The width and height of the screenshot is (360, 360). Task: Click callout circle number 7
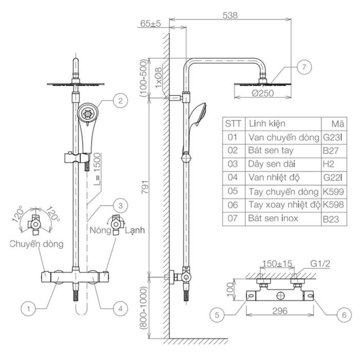coord(304,67)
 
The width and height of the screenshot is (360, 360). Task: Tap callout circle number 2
coord(120,101)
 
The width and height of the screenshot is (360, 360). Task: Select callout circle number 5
coord(217,315)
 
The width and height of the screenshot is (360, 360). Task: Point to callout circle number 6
coord(344,315)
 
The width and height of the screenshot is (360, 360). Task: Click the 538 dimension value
coord(230,15)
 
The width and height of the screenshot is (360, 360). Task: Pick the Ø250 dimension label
coord(263,93)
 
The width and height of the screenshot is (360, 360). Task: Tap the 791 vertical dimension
coord(145,187)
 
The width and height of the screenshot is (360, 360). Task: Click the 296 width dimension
coord(280,311)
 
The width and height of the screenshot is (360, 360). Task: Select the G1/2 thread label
coord(320,263)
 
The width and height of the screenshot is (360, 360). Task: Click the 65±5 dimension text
coord(151,24)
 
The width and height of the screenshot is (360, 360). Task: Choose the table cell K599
coord(333,191)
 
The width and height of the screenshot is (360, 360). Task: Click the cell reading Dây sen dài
coord(272,164)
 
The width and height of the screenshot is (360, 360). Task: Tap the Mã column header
coord(338,124)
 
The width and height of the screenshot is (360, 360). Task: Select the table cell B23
coord(331,219)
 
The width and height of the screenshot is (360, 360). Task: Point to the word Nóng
coord(100,230)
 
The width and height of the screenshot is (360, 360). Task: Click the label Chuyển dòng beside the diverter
coord(37,244)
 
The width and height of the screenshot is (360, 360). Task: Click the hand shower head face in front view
coord(88,113)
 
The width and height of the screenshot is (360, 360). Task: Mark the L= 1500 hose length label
coord(97,169)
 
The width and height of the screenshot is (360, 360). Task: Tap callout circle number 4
coord(120,309)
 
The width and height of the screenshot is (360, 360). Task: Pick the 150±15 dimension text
coord(277,263)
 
